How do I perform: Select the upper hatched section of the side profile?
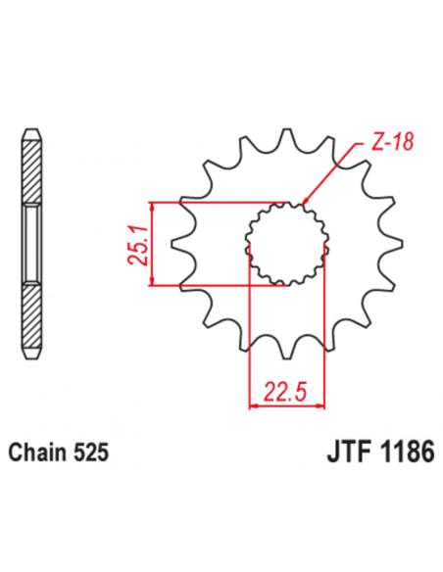click(x=31, y=172)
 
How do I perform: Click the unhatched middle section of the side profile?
click(x=31, y=244)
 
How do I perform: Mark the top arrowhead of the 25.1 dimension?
click(x=153, y=207)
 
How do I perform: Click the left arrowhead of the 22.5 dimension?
click(x=256, y=405)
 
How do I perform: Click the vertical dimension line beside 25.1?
click(x=153, y=245)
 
